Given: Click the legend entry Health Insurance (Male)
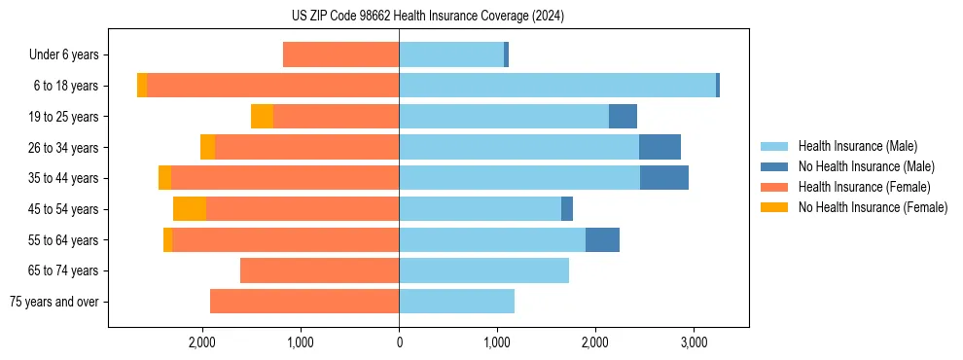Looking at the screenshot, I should [857, 147].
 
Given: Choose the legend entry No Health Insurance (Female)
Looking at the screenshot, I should [873, 207].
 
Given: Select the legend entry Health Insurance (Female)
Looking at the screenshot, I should [864, 187].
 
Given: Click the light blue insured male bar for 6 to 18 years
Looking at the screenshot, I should [557, 86].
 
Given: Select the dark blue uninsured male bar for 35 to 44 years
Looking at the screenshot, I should [664, 178].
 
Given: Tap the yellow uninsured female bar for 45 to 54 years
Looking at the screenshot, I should [190, 209].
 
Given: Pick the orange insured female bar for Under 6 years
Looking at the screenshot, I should [340, 55].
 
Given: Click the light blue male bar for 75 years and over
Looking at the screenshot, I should [456, 302].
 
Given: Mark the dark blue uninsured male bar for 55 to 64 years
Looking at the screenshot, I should [602, 240].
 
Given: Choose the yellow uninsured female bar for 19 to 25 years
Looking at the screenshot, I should [262, 117].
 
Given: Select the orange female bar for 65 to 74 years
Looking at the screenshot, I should [319, 270].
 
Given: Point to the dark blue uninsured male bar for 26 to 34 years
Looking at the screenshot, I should [660, 148].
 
